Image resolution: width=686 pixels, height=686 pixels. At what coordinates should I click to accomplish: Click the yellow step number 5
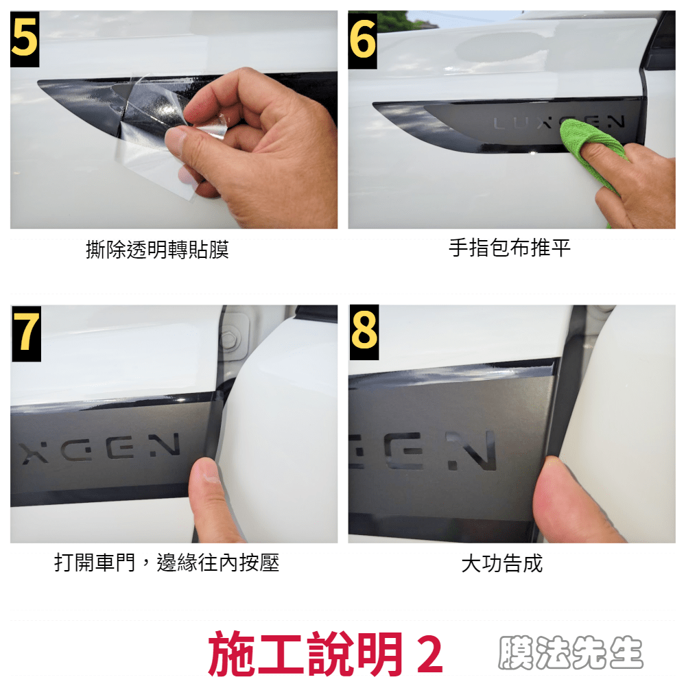point(25,38)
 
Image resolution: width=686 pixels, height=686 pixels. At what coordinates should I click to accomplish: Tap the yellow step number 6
point(363,40)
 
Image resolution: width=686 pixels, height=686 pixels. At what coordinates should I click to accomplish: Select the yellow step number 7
point(26,333)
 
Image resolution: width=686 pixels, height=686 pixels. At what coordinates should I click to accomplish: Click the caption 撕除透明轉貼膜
point(157,250)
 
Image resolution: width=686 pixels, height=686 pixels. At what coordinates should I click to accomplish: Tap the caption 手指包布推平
point(510,248)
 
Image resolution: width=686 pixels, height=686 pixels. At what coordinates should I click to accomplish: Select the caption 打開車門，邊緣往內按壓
point(167,563)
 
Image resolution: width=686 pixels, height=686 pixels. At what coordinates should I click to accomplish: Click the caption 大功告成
point(502,563)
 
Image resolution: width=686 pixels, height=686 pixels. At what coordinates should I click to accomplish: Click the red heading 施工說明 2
point(325,654)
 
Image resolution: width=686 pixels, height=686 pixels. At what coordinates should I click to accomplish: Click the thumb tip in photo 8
point(549,473)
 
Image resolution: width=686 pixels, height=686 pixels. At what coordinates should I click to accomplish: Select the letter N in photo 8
point(472,450)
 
